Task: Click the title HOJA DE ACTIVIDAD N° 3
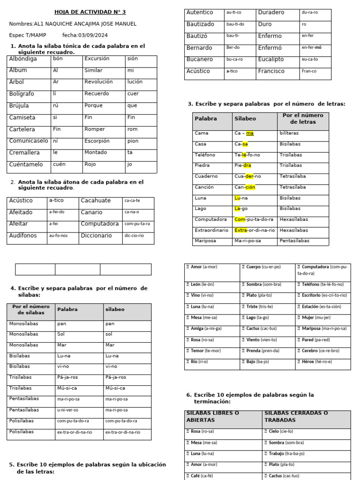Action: click(90, 12)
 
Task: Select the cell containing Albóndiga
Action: click(23, 59)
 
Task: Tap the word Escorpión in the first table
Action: click(97, 141)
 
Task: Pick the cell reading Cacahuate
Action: click(96, 201)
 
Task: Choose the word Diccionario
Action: click(96, 236)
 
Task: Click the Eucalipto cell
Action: click(270, 60)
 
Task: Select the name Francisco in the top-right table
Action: click(271, 71)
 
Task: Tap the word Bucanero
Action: click(199, 60)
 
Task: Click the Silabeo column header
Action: click(245, 119)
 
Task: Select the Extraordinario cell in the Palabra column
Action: click(211, 230)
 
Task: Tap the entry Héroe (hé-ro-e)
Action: click(322, 362)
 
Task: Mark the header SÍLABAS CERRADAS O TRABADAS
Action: click(296, 416)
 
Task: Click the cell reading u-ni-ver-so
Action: click(68, 410)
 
